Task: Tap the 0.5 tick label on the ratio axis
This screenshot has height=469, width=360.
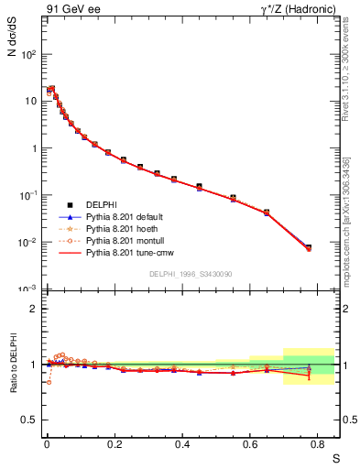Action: (34, 420)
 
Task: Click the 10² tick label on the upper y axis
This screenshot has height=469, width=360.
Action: (30, 54)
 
